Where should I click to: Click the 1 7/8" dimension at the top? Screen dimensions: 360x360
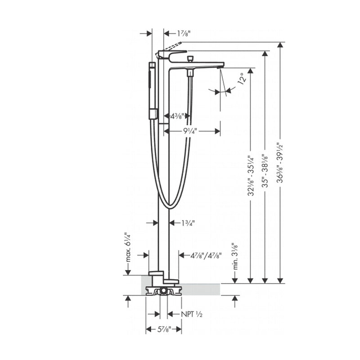tap(184, 33)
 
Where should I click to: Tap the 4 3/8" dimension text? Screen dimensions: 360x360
tap(176, 116)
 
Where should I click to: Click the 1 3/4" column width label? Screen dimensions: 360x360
tap(188, 223)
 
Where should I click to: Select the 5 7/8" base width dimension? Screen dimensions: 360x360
tap(163, 330)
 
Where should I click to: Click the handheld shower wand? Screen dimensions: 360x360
tap(153, 90)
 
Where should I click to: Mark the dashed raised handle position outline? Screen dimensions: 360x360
tap(172, 46)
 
